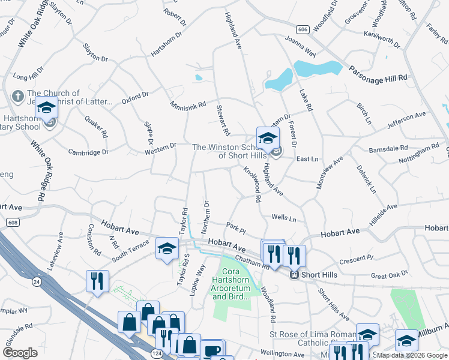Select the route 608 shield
click(x=12, y=222)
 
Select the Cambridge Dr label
click(x=88, y=152)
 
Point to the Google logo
click(x=20, y=353)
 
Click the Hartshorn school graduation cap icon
click(x=46, y=109)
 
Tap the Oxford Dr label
click(x=134, y=98)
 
